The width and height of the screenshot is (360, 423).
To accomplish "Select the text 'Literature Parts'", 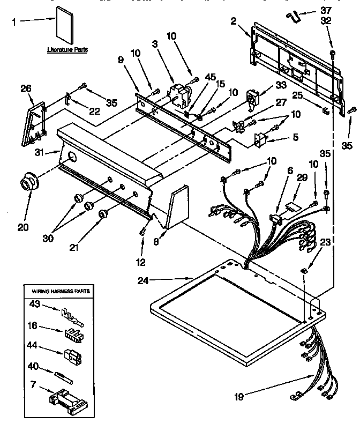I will click(67, 49).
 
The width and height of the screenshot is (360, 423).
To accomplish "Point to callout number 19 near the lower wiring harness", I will click(240, 397).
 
